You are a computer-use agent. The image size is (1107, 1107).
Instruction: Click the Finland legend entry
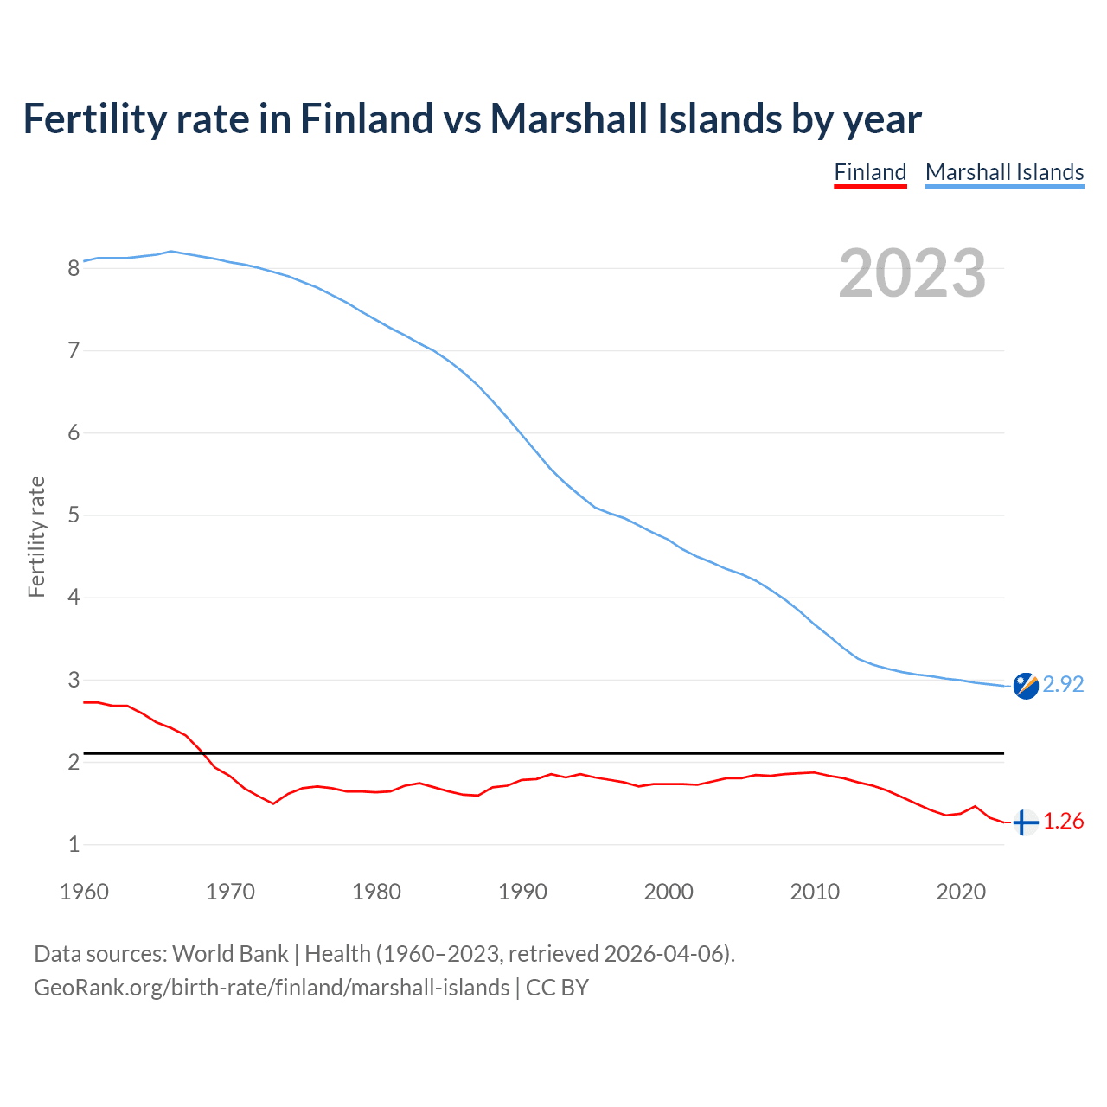[870, 172]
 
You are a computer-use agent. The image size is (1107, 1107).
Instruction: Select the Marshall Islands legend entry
[1004, 172]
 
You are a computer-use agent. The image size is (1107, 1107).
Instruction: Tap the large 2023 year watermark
[912, 273]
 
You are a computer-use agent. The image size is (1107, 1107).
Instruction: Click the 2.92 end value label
[1063, 684]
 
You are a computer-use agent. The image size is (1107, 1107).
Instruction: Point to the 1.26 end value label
[1063, 822]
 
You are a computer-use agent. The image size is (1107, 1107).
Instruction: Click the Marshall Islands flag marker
[1026, 685]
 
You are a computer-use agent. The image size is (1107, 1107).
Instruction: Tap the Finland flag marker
[1026, 822]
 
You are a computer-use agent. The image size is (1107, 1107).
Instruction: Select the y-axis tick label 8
[74, 268]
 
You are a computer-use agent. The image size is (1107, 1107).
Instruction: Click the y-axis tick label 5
[74, 515]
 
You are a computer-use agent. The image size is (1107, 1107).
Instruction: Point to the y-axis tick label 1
[74, 845]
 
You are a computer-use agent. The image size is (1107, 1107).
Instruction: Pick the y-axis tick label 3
[74, 681]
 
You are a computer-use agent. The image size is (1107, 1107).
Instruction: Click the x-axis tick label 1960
[84, 892]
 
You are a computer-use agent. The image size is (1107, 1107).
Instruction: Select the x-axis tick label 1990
[522, 892]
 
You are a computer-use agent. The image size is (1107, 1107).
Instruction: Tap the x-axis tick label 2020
[961, 892]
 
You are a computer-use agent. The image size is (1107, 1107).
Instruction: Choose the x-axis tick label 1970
[230, 892]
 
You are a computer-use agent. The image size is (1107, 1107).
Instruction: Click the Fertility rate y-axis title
[36, 536]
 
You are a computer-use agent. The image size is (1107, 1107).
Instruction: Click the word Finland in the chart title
[366, 118]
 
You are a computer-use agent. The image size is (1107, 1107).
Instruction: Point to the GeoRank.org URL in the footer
[272, 988]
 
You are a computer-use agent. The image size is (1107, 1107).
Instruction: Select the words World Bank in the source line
[230, 954]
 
